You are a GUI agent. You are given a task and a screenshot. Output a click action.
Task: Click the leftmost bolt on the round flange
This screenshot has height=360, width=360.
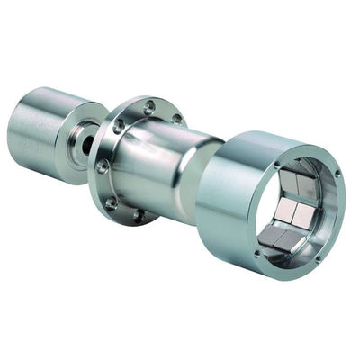pos(103,166)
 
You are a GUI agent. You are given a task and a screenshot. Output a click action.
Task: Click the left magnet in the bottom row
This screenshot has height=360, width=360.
pos(273,238)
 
